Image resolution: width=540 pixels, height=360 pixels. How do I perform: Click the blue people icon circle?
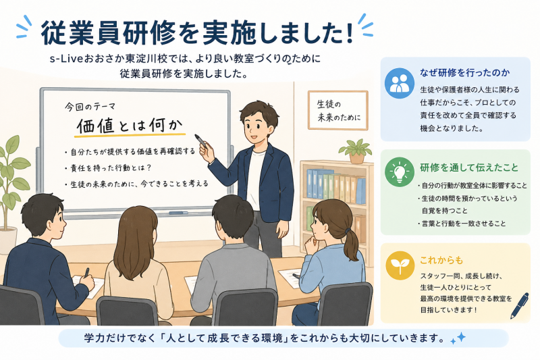pyautogui.click(x=400, y=83)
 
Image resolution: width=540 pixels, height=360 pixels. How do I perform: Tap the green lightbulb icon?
pyautogui.click(x=400, y=172)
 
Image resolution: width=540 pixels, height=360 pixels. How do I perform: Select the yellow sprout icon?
pyautogui.click(x=400, y=265)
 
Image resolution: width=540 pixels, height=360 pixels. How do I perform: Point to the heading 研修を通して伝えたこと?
pyautogui.click(x=469, y=168)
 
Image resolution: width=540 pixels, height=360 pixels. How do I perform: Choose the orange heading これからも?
pyautogui.click(x=441, y=260)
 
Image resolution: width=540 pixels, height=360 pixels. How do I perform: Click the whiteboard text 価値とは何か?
pyautogui.click(x=130, y=126)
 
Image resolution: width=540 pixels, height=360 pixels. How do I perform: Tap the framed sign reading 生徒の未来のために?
pyautogui.click(x=338, y=110)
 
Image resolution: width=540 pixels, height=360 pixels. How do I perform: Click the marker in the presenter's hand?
pyautogui.click(x=200, y=141)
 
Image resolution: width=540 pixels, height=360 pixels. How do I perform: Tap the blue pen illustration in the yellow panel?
pyautogui.click(x=520, y=305)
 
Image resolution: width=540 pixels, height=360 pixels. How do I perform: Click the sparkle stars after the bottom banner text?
pyautogui.click(x=458, y=338)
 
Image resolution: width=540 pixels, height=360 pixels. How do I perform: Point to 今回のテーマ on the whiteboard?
pyautogui.click(x=90, y=107)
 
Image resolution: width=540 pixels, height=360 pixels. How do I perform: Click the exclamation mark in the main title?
pyautogui.click(x=350, y=32)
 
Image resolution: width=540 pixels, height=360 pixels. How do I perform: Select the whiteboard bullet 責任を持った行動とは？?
pyautogui.click(x=107, y=168)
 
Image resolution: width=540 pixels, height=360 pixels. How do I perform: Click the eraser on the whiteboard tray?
pyautogui.click(x=178, y=213)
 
